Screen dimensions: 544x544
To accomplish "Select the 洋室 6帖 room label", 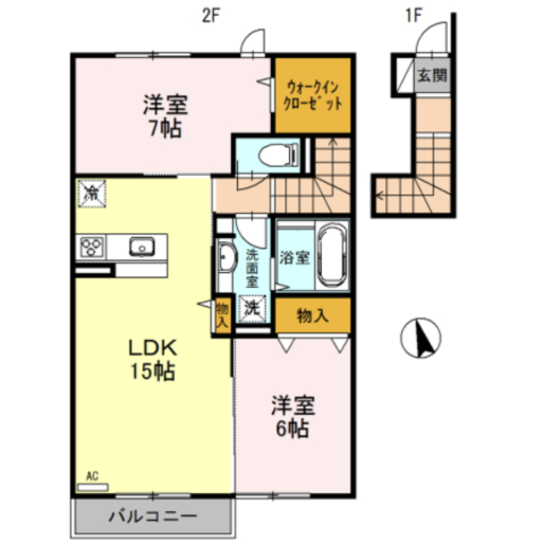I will pyautogui.click(x=290, y=416).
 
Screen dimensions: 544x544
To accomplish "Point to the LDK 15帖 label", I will pyautogui.click(x=152, y=360).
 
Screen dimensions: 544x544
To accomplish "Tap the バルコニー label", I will pyautogui.click(x=153, y=516).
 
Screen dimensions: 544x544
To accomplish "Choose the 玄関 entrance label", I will pyautogui.click(x=431, y=76).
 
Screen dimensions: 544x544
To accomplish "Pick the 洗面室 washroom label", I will pyautogui.click(x=252, y=266).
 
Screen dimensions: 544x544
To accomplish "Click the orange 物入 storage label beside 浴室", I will pyautogui.click(x=312, y=316).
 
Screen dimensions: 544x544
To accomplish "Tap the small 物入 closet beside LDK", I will pyautogui.click(x=222, y=314).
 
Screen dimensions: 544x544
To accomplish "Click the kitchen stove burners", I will pyautogui.click(x=92, y=246).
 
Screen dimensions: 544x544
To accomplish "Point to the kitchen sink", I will pyautogui.click(x=139, y=246).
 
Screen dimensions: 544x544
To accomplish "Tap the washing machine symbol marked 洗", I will pyautogui.click(x=252, y=307).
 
